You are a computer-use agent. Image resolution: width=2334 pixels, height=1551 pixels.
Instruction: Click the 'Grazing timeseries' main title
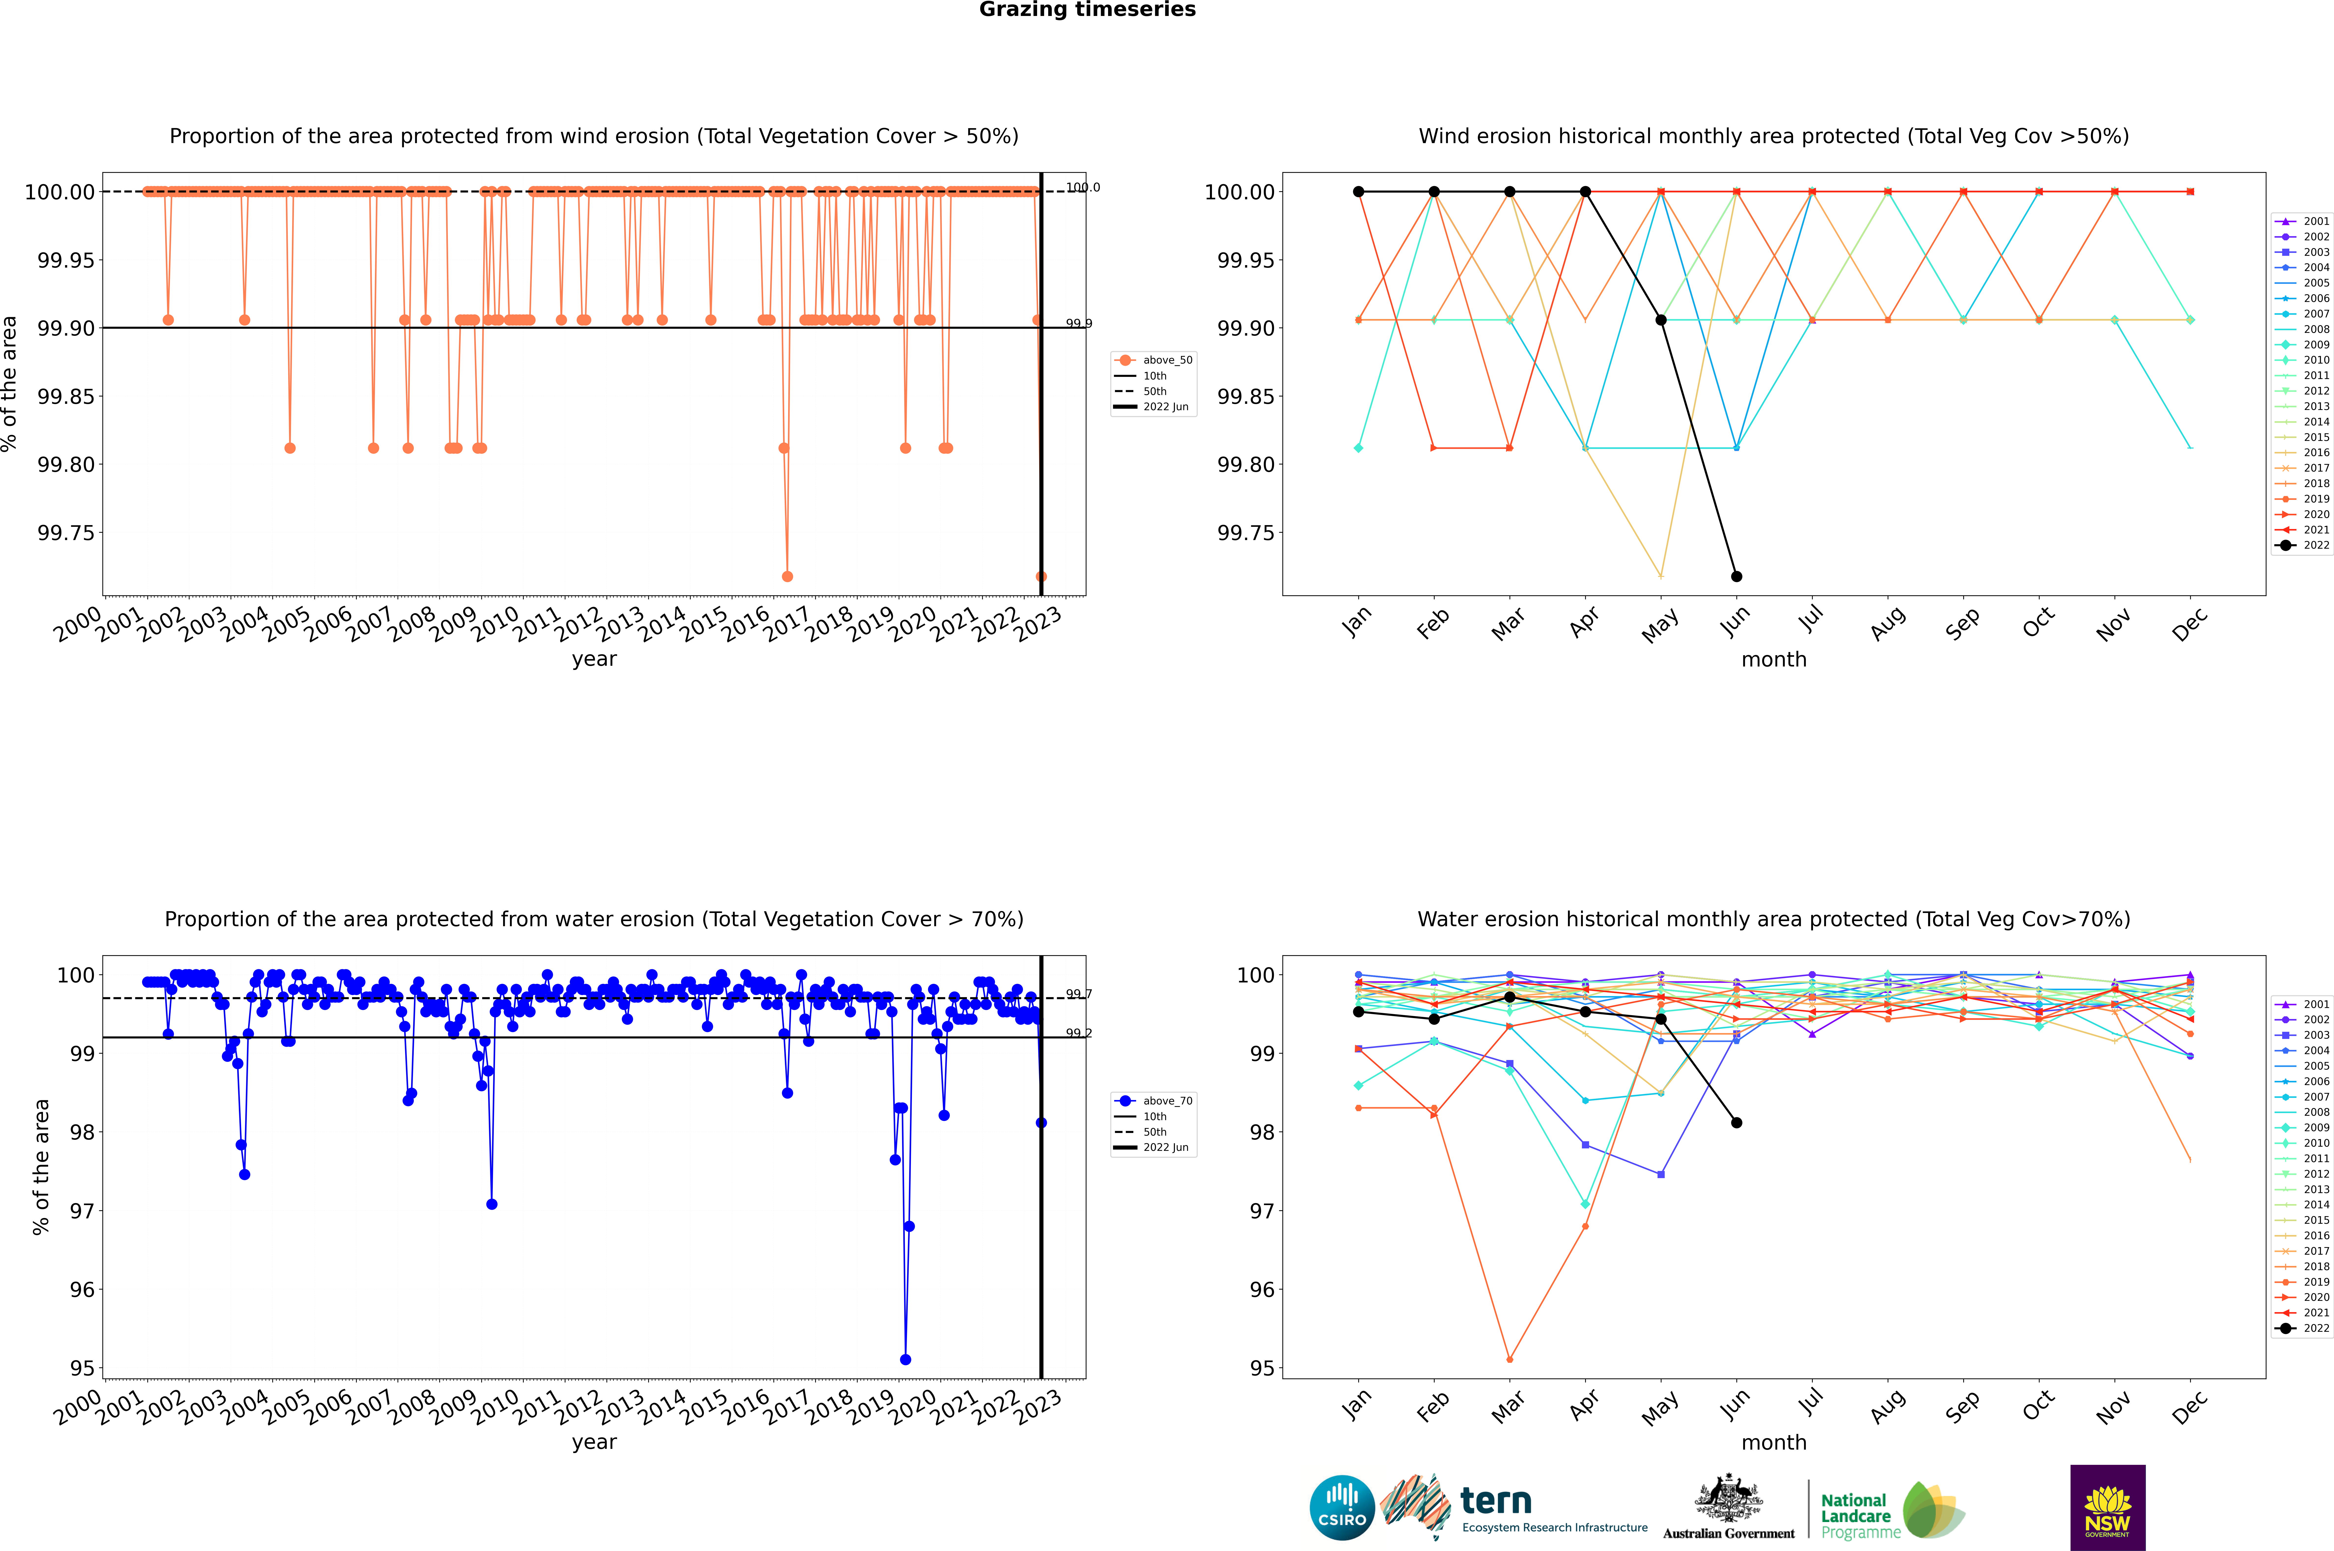[1087, 10]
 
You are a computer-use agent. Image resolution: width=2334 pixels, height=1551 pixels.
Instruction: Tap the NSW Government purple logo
[2107, 1508]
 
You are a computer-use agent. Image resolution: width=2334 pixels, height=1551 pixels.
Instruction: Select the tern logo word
[1496, 1502]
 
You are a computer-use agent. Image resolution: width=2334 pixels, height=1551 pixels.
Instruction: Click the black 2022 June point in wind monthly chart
[1736, 576]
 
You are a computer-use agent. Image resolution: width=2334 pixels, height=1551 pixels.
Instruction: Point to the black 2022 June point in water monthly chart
[1736, 1123]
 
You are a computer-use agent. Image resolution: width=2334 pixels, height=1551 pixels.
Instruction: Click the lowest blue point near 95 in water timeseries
[905, 1359]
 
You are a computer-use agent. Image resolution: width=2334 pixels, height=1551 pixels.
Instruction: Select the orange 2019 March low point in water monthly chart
[1509, 1359]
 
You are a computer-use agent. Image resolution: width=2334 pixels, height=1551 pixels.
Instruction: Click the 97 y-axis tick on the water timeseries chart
[82, 1211]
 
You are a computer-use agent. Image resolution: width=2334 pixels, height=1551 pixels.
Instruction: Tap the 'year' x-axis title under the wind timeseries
[594, 659]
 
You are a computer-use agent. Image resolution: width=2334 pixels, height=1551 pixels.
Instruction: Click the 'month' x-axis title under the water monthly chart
[1774, 1442]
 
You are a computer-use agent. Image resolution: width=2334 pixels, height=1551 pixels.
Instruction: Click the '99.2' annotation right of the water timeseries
[1078, 1033]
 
